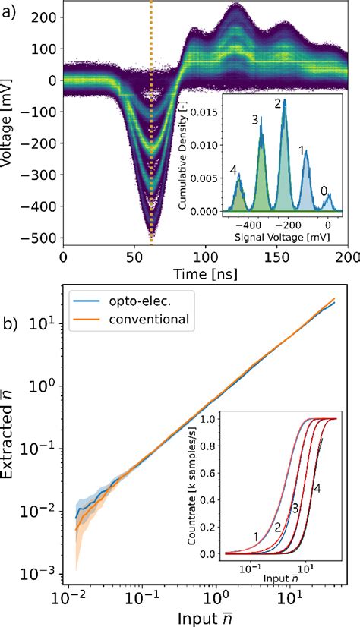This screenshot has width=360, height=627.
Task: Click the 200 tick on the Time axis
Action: (348, 257)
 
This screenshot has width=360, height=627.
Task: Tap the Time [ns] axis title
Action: (206, 274)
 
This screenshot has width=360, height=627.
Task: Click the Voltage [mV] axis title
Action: (9, 121)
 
